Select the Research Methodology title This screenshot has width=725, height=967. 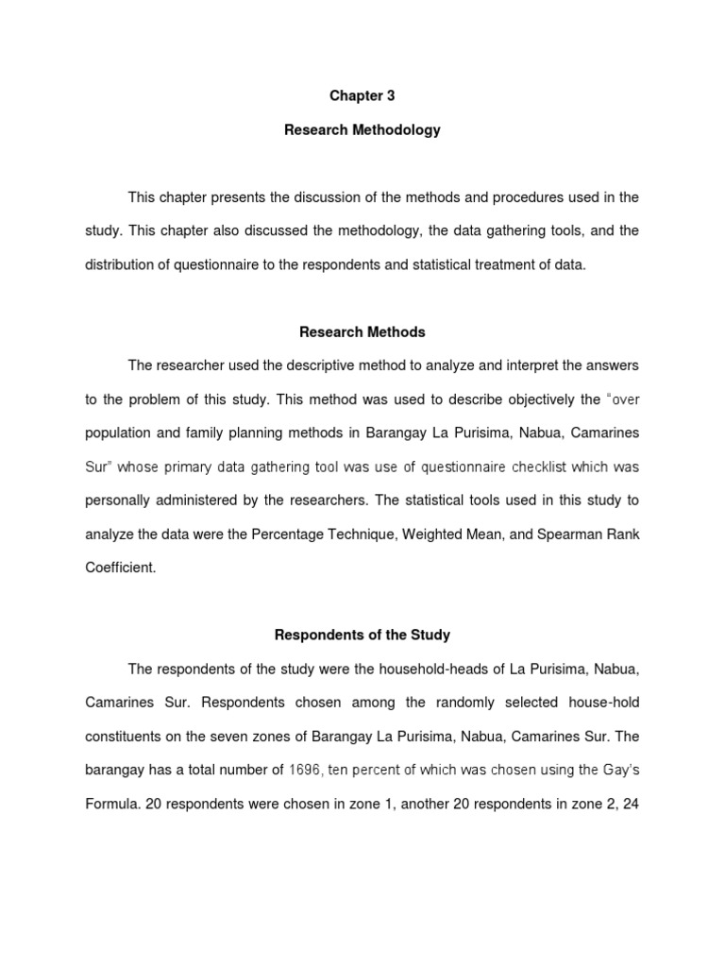click(x=362, y=130)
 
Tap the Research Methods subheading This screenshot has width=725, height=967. click(x=362, y=331)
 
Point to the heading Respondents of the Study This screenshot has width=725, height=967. click(x=362, y=635)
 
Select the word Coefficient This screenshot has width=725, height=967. click(x=120, y=568)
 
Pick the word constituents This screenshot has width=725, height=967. click(x=126, y=737)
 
